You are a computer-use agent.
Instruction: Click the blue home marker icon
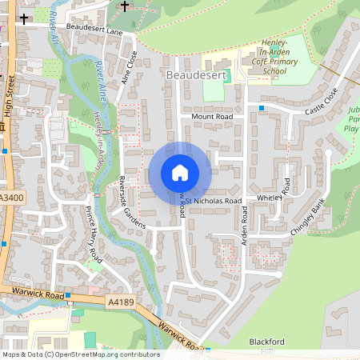tap(180, 173)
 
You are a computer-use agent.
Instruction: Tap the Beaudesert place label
tap(198, 74)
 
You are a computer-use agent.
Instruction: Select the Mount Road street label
tap(211, 116)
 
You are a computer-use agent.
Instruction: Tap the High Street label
tap(10, 96)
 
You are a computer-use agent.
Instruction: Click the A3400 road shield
tap(11, 198)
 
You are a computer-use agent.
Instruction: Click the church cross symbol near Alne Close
tap(124, 6)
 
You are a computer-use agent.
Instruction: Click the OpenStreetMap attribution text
tap(80, 354)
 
